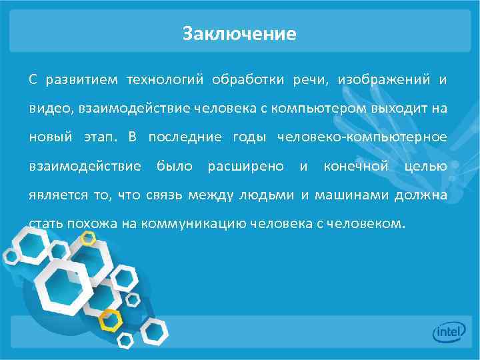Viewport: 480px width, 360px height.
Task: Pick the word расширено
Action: (245, 165)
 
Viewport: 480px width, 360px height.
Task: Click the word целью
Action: (425, 165)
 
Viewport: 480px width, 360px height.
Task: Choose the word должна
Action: (421, 195)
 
